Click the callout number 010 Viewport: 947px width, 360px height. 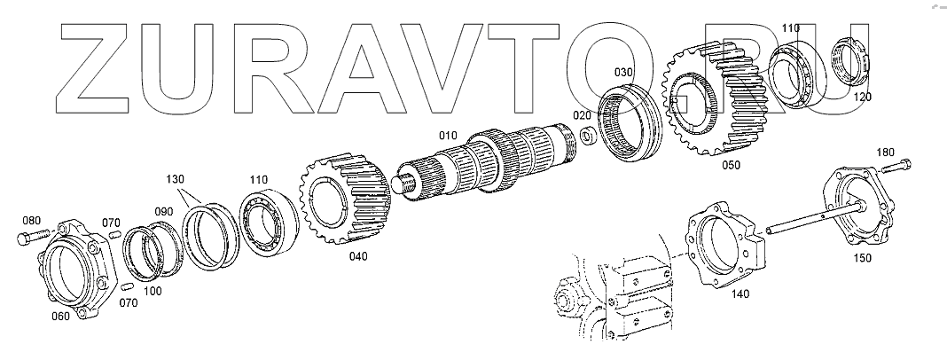point(448,135)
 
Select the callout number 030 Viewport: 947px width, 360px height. point(625,71)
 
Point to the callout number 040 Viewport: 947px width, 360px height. point(358,256)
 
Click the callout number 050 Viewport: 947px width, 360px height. point(729,165)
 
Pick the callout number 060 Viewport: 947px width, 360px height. point(60,314)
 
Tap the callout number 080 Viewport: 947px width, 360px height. point(31,220)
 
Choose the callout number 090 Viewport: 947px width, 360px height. point(165,211)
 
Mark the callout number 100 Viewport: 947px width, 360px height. point(153,291)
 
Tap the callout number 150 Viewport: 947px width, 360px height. point(862,258)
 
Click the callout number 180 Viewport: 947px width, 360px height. point(886,152)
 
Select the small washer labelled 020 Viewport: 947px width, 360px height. point(587,137)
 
